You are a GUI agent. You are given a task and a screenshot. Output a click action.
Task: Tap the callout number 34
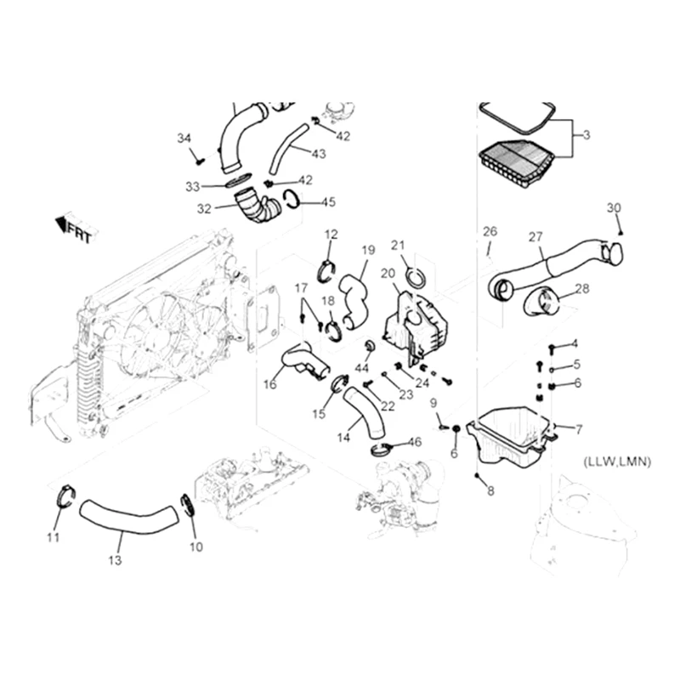[x=184, y=139]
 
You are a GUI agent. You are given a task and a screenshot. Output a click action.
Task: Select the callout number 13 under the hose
[x=115, y=560]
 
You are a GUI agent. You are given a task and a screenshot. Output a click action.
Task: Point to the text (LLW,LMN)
[x=617, y=462]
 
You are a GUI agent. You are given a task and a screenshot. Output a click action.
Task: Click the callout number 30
[x=614, y=208]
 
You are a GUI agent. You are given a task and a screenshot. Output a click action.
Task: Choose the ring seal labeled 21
[x=416, y=276]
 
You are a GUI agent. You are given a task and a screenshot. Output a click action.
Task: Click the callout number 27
[x=535, y=237]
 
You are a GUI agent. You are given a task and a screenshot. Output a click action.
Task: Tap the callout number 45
[x=327, y=201]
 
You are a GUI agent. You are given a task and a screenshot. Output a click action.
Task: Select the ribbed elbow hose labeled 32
[x=257, y=207]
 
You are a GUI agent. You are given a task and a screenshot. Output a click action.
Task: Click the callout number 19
[x=368, y=250]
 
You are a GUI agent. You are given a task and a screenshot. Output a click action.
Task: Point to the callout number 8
[x=490, y=491]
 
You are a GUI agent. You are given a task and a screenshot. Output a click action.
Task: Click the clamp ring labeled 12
[x=325, y=271]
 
